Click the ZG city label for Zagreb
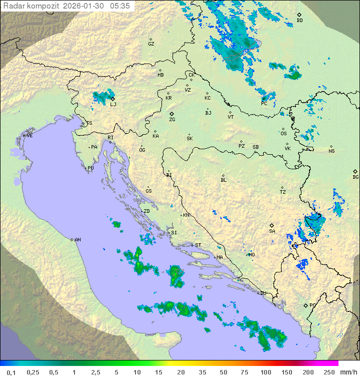tap(172, 120)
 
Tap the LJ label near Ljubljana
tap(113, 104)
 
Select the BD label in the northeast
tap(299, 21)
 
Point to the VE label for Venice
tap(29, 136)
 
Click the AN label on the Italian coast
tap(77, 240)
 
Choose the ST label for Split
tap(198, 245)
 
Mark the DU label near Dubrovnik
tap(262, 293)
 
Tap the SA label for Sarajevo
tap(272, 231)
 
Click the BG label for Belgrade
tap(355, 177)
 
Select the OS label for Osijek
tap(283, 134)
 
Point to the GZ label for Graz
tap(151, 44)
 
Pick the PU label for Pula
tap(90, 168)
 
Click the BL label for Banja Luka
tap(223, 180)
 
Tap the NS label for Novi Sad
tap(331, 151)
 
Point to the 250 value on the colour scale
tap(328, 372)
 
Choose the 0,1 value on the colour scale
tap(11, 372)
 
